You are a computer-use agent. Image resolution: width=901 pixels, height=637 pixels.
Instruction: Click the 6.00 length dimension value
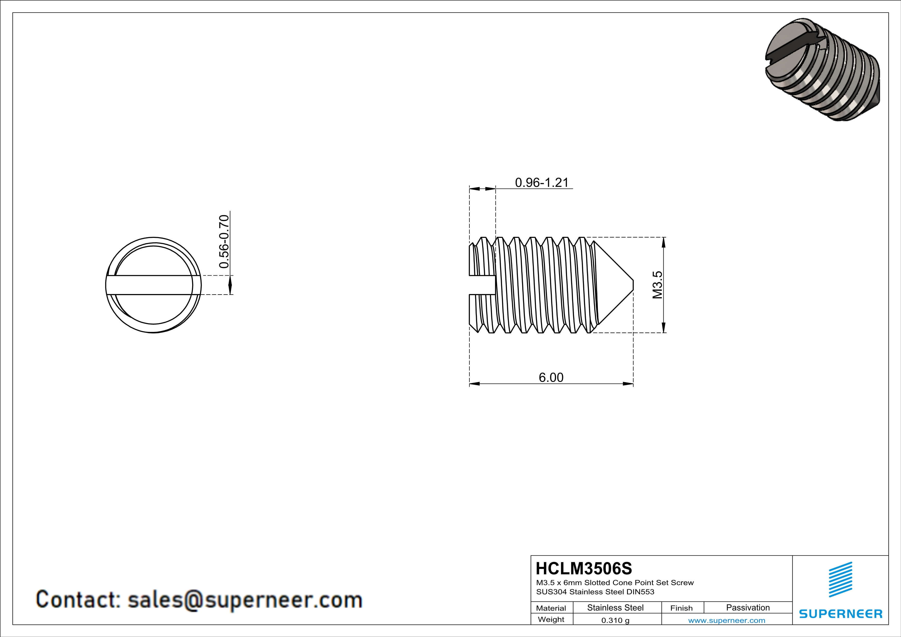point(551,377)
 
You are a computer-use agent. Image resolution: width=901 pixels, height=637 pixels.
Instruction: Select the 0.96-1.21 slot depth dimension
point(542,182)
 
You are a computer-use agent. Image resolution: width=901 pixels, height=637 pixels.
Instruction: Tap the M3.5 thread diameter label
point(657,285)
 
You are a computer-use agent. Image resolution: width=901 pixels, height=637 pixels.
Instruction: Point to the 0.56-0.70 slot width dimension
point(224,241)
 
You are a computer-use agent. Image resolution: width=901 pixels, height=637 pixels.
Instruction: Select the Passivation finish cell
point(748,607)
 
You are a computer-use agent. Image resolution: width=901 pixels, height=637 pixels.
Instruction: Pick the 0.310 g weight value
point(615,620)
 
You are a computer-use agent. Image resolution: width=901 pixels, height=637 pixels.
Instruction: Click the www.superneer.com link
point(727,620)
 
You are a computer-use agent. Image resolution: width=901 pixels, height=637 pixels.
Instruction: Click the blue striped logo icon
point(841,579)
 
